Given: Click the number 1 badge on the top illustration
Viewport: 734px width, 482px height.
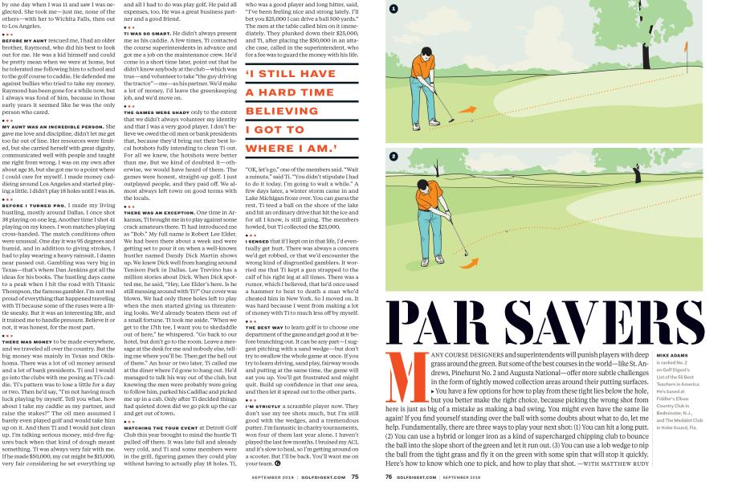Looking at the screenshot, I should point(394,10).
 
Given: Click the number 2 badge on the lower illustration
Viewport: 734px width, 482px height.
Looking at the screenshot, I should point(394,157).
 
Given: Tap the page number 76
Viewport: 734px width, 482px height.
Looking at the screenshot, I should point(389,476).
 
